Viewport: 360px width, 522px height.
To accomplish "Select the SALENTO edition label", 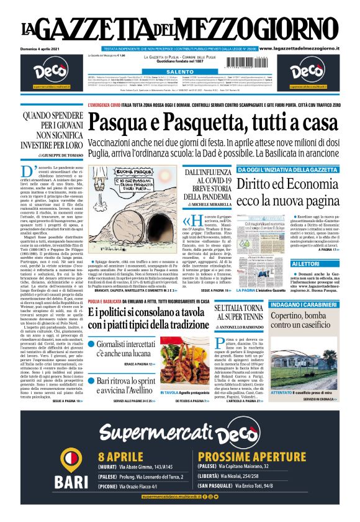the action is [x=179, y=72].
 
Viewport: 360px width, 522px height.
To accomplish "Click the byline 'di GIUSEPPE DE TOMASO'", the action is [x=45, y=155].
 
